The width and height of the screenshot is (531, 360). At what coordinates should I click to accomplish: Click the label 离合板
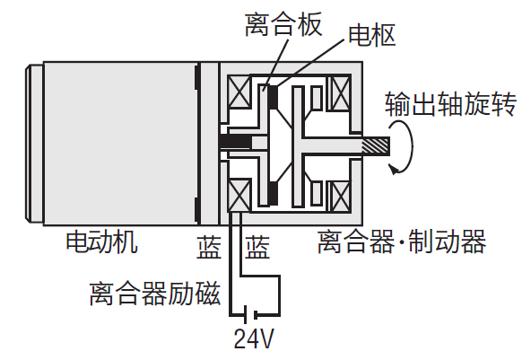pyautogui.click(x=283, y=25)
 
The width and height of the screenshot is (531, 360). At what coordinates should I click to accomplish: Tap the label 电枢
pyautogui.click(x=372, y=35)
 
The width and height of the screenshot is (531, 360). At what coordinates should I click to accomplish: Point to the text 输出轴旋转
pyautogui.click(x=450, y=103)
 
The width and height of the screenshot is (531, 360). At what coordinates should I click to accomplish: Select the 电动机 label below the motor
pyautogui.click(x=102, y=241)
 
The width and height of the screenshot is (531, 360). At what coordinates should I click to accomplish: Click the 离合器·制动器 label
pyautogui.click(x=402, y=241)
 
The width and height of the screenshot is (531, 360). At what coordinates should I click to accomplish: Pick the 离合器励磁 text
pyautogui.click(x=155, y=294)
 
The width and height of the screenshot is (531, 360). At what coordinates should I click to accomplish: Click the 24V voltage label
pyautogui.click(x=254, y=338)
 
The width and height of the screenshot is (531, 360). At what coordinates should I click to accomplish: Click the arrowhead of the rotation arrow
pyautogui.click(x=393, y=169)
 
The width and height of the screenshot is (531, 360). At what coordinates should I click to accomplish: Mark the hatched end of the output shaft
pyautogui.click(x=376, y=146)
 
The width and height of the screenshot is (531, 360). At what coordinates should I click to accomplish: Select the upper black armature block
pyautogui.click(x=273, y=97)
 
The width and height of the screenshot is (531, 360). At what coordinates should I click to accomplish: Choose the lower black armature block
pyautogui.click(x=273, y=194)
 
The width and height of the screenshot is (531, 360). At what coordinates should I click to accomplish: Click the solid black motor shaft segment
pyautogui.click(x=236, y=143)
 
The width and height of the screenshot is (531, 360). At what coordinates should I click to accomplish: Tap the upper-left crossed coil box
pyautogui.click(x=239, y=92)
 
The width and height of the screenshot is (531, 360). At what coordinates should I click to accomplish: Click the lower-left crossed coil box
pyautogui.click(x=239, y=196)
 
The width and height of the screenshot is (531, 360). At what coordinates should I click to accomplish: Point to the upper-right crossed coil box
pyautogui.click(x=340, y=94)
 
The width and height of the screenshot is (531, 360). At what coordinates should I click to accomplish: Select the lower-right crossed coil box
pyautogui.click(x=340, y=197)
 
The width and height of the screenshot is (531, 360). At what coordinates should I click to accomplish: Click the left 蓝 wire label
pyautogui.click(x=209, y=248)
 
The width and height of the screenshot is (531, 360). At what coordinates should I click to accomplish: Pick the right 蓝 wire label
pyautogui.click(x=257, y=248)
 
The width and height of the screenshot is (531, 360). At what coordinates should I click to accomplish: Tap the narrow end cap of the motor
pyautogui.click(x=34, y=144)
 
